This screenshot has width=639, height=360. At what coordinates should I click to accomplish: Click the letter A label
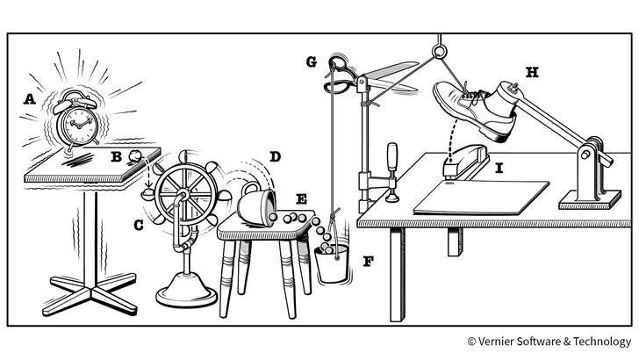30,100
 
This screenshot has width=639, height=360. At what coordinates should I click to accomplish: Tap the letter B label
116,157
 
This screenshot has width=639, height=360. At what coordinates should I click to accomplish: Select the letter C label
138,225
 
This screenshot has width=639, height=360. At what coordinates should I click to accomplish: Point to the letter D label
275,157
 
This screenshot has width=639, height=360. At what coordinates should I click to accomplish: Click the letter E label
302,200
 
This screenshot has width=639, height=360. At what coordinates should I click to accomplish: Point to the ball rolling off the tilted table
134,158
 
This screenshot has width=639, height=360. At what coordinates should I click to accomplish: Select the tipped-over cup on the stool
256,204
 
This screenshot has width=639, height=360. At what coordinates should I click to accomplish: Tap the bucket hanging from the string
331,263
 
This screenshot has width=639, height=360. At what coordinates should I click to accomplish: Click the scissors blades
391,74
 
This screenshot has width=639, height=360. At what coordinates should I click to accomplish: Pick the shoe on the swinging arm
474,107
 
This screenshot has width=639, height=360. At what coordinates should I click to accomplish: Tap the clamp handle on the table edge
393,157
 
